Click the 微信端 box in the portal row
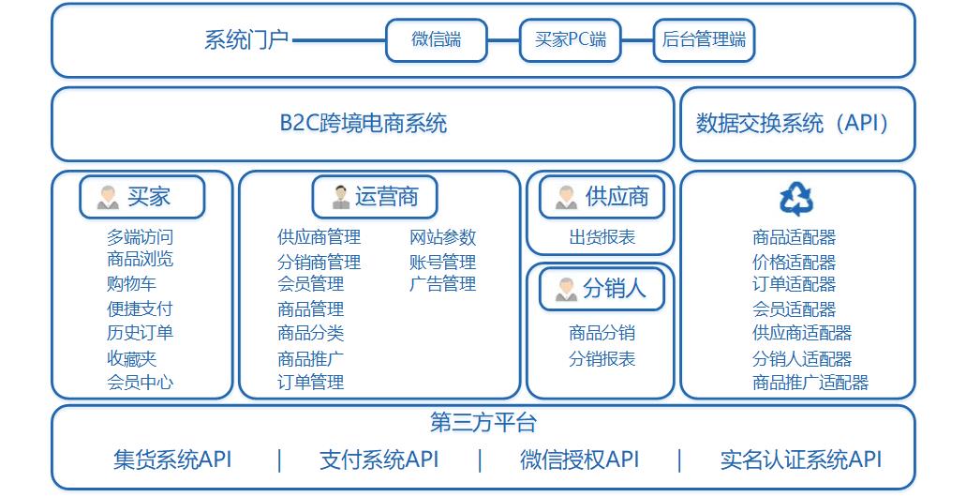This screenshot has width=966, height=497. point(437,40)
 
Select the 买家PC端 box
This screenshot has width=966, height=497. point(571,40)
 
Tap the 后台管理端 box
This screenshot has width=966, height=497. point(705,40)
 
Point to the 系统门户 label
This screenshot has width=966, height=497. point(246,40)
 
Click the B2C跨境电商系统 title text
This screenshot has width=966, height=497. point(364,123)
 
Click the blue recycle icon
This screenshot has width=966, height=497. point(796,199)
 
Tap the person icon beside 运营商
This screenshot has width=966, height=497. point(341,197)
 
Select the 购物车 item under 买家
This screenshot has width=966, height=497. point(131,283)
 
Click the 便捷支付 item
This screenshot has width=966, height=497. point(140,309)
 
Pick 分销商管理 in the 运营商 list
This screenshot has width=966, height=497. point(320,262)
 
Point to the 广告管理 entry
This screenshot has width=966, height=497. point(443,283)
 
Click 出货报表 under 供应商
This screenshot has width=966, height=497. point(602,237)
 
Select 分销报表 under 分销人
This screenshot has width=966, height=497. point(602,358)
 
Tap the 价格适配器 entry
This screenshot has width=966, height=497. point(795,262)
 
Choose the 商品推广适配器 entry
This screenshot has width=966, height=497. point(810,383)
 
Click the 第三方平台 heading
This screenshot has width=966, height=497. point(483,423)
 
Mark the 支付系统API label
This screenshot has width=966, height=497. point(379,459)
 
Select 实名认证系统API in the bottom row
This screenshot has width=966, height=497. point(801,459)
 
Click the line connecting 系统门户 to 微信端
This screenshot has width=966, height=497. point(339,40)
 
